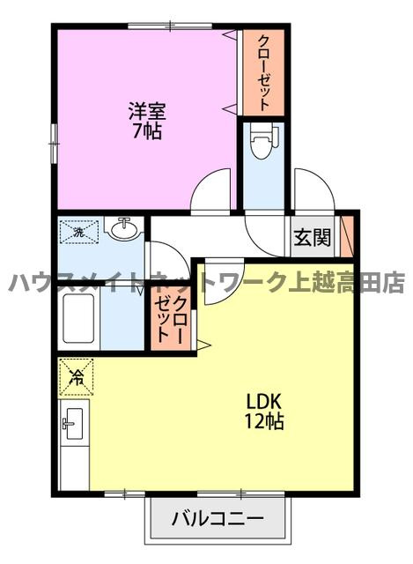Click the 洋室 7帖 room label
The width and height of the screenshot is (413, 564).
147,121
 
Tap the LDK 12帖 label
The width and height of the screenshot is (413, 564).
264,412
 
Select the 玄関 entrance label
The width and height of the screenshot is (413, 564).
312,237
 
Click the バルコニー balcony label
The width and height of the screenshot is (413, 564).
218,518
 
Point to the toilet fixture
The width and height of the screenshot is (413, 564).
264,141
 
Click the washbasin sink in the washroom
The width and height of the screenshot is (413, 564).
124,228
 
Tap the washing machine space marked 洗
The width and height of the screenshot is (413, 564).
78,232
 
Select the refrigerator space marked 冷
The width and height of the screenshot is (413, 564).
77,377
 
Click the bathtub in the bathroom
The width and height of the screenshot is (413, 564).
78,319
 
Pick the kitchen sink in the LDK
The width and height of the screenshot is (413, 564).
74,424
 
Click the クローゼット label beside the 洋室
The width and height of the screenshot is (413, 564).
263,72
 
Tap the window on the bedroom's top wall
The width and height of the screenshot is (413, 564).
170,26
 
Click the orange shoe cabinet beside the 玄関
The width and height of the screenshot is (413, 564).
347,236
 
